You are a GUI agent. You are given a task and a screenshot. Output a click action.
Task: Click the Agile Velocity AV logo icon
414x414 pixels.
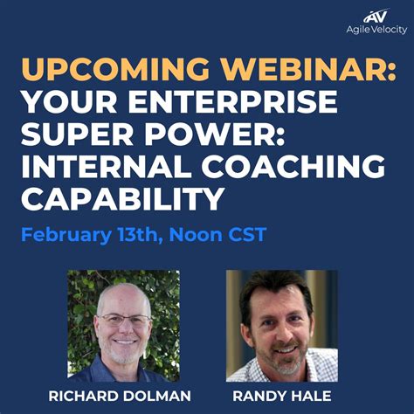(375, 15)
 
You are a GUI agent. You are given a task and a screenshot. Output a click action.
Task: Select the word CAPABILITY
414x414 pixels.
(121, 200)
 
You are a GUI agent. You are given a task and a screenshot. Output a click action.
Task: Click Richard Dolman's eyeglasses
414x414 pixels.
(124, 320)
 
